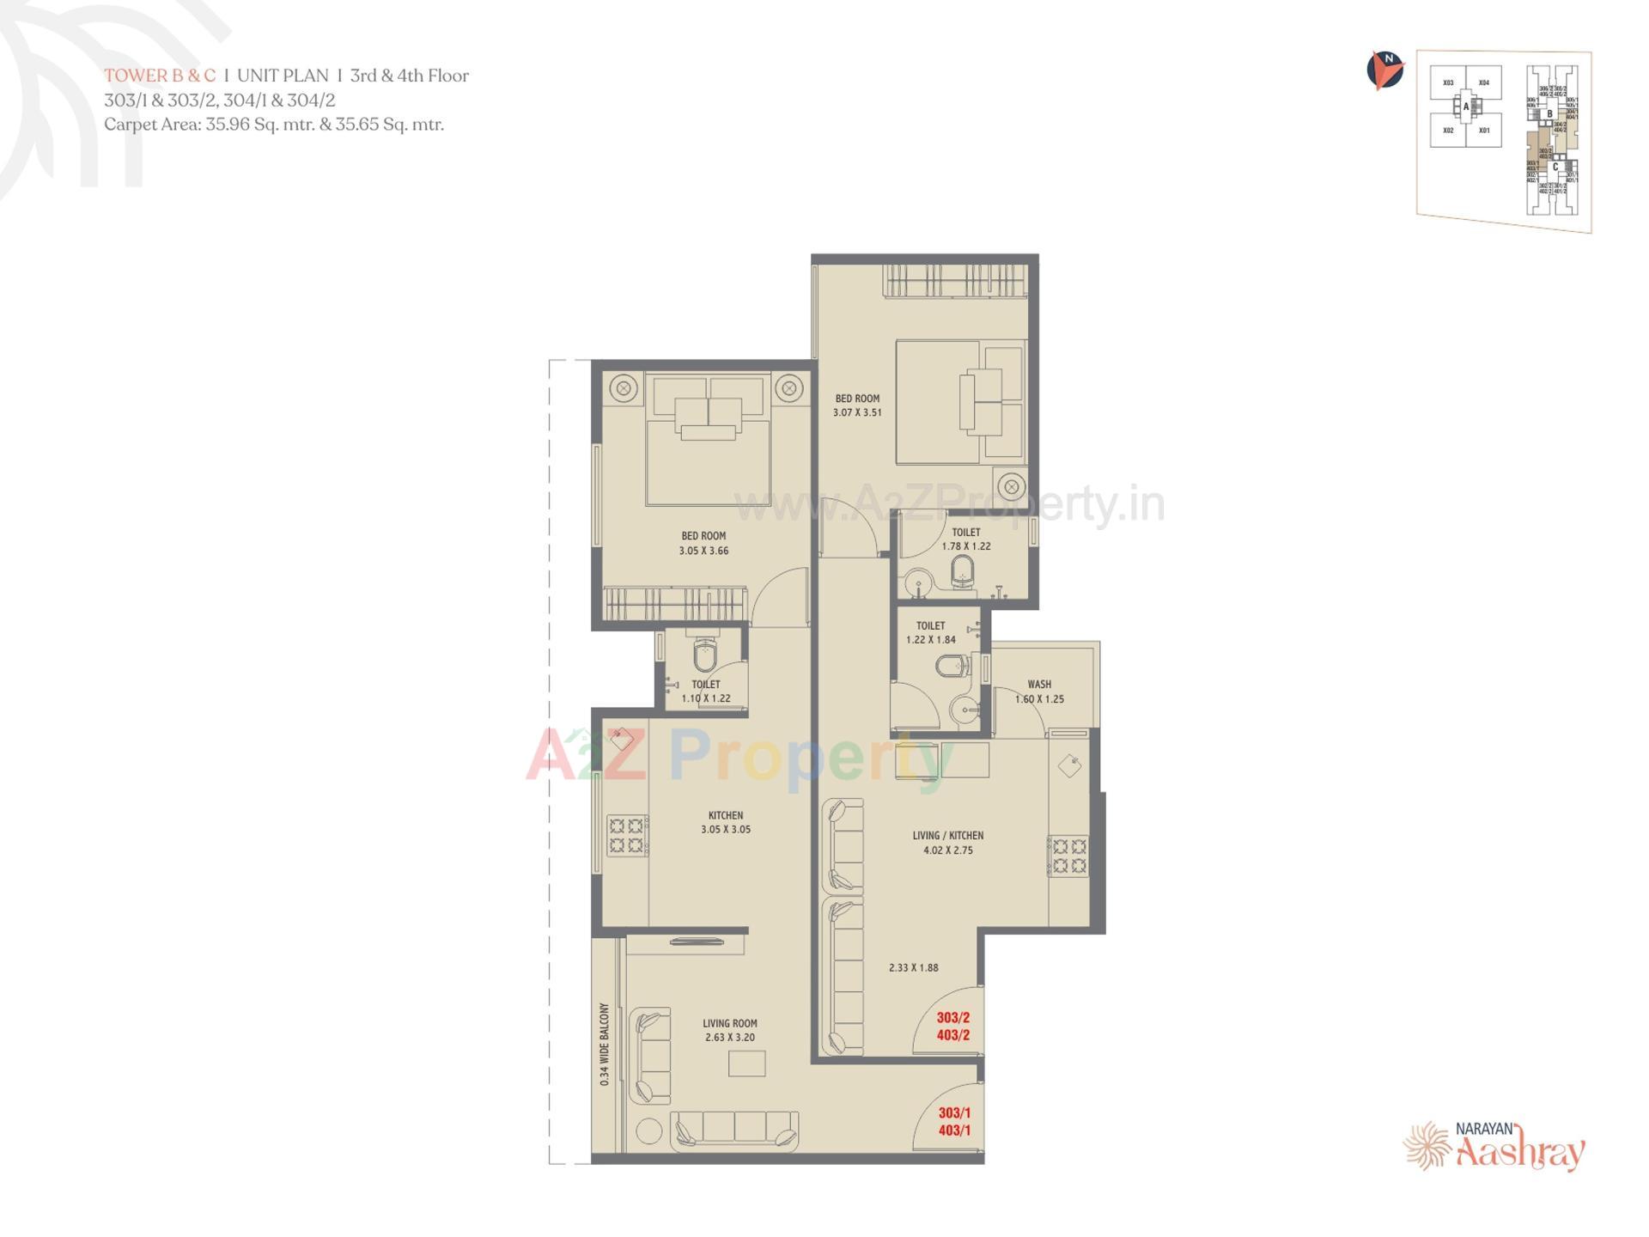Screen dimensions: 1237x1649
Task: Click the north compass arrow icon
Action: pyautogui.click(x=1384, y=70)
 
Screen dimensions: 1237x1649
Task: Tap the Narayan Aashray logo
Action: pyautogui.click(x=1495, y=1146)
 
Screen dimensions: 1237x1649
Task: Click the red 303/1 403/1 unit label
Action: pyautogui.click(x=954, y=1122)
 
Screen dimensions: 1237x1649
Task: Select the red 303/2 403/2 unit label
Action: pyautogui.click(x=953, y=1027)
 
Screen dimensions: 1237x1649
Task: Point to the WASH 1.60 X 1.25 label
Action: pyautogui.click(x=1039, y=692)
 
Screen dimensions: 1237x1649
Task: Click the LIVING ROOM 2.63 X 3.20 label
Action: pyautogui.click(x=730, y=1030)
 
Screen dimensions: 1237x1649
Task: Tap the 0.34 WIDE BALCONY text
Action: pyautogui.click(x=605, y=1044)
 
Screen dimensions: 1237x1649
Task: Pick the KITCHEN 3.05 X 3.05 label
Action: pyautogui.click(x=726, y=822)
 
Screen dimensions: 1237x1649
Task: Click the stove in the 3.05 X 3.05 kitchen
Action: pyautogui.click(x=626, y=836)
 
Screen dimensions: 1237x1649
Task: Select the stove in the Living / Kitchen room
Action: pyautogui.click(x=1068, y=856)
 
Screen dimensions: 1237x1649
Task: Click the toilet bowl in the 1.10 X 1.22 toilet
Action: pyautogui.click(x=705, y=655)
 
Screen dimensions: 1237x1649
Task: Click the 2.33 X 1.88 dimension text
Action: pyautogui.click(x=913, y=967)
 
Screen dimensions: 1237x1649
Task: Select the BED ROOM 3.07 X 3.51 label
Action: pyautogui.click(x=857, y=405)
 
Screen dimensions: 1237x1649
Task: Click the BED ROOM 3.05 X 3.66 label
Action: pyautogui.click(x=703, y=543)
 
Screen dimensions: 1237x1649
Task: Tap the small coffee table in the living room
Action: pyautogui.click(x=746, y=1063)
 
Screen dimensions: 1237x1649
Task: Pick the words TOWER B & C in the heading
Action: pyautogui.click(x=160, y=76)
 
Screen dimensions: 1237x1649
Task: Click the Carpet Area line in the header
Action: pyautogui.click(x=274, y=125)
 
